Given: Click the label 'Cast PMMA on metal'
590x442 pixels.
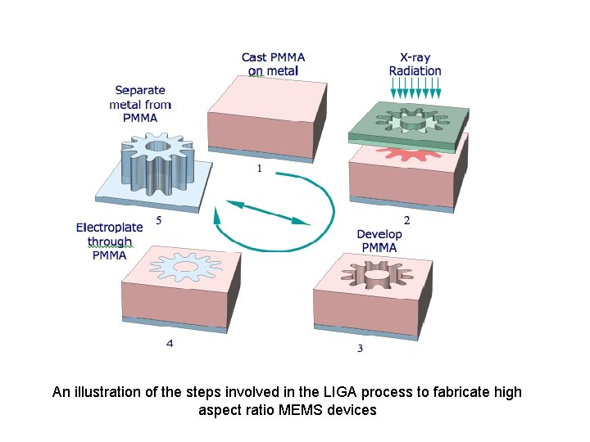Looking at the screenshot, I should click(x=273, y=64).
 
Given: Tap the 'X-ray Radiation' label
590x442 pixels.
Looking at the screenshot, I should click(x=415, y=64).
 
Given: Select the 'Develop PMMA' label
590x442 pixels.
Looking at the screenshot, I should click(x=379, y=241).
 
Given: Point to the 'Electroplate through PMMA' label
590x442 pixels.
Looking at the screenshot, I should click(x=109, y=241).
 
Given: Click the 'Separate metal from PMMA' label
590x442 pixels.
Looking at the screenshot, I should click(x=140, y=104).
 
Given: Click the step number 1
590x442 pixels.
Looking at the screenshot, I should click(x=260, y=169).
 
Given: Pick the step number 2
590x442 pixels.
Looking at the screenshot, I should click(x=407, y=219).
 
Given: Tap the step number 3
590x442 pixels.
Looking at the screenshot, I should click(x=360, y=349).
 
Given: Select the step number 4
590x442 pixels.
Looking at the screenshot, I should click(x=170, y=344).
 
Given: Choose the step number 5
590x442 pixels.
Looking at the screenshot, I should click(x=158, y=219).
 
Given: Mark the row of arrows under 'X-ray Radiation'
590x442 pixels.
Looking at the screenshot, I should click(x=415, y=90).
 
